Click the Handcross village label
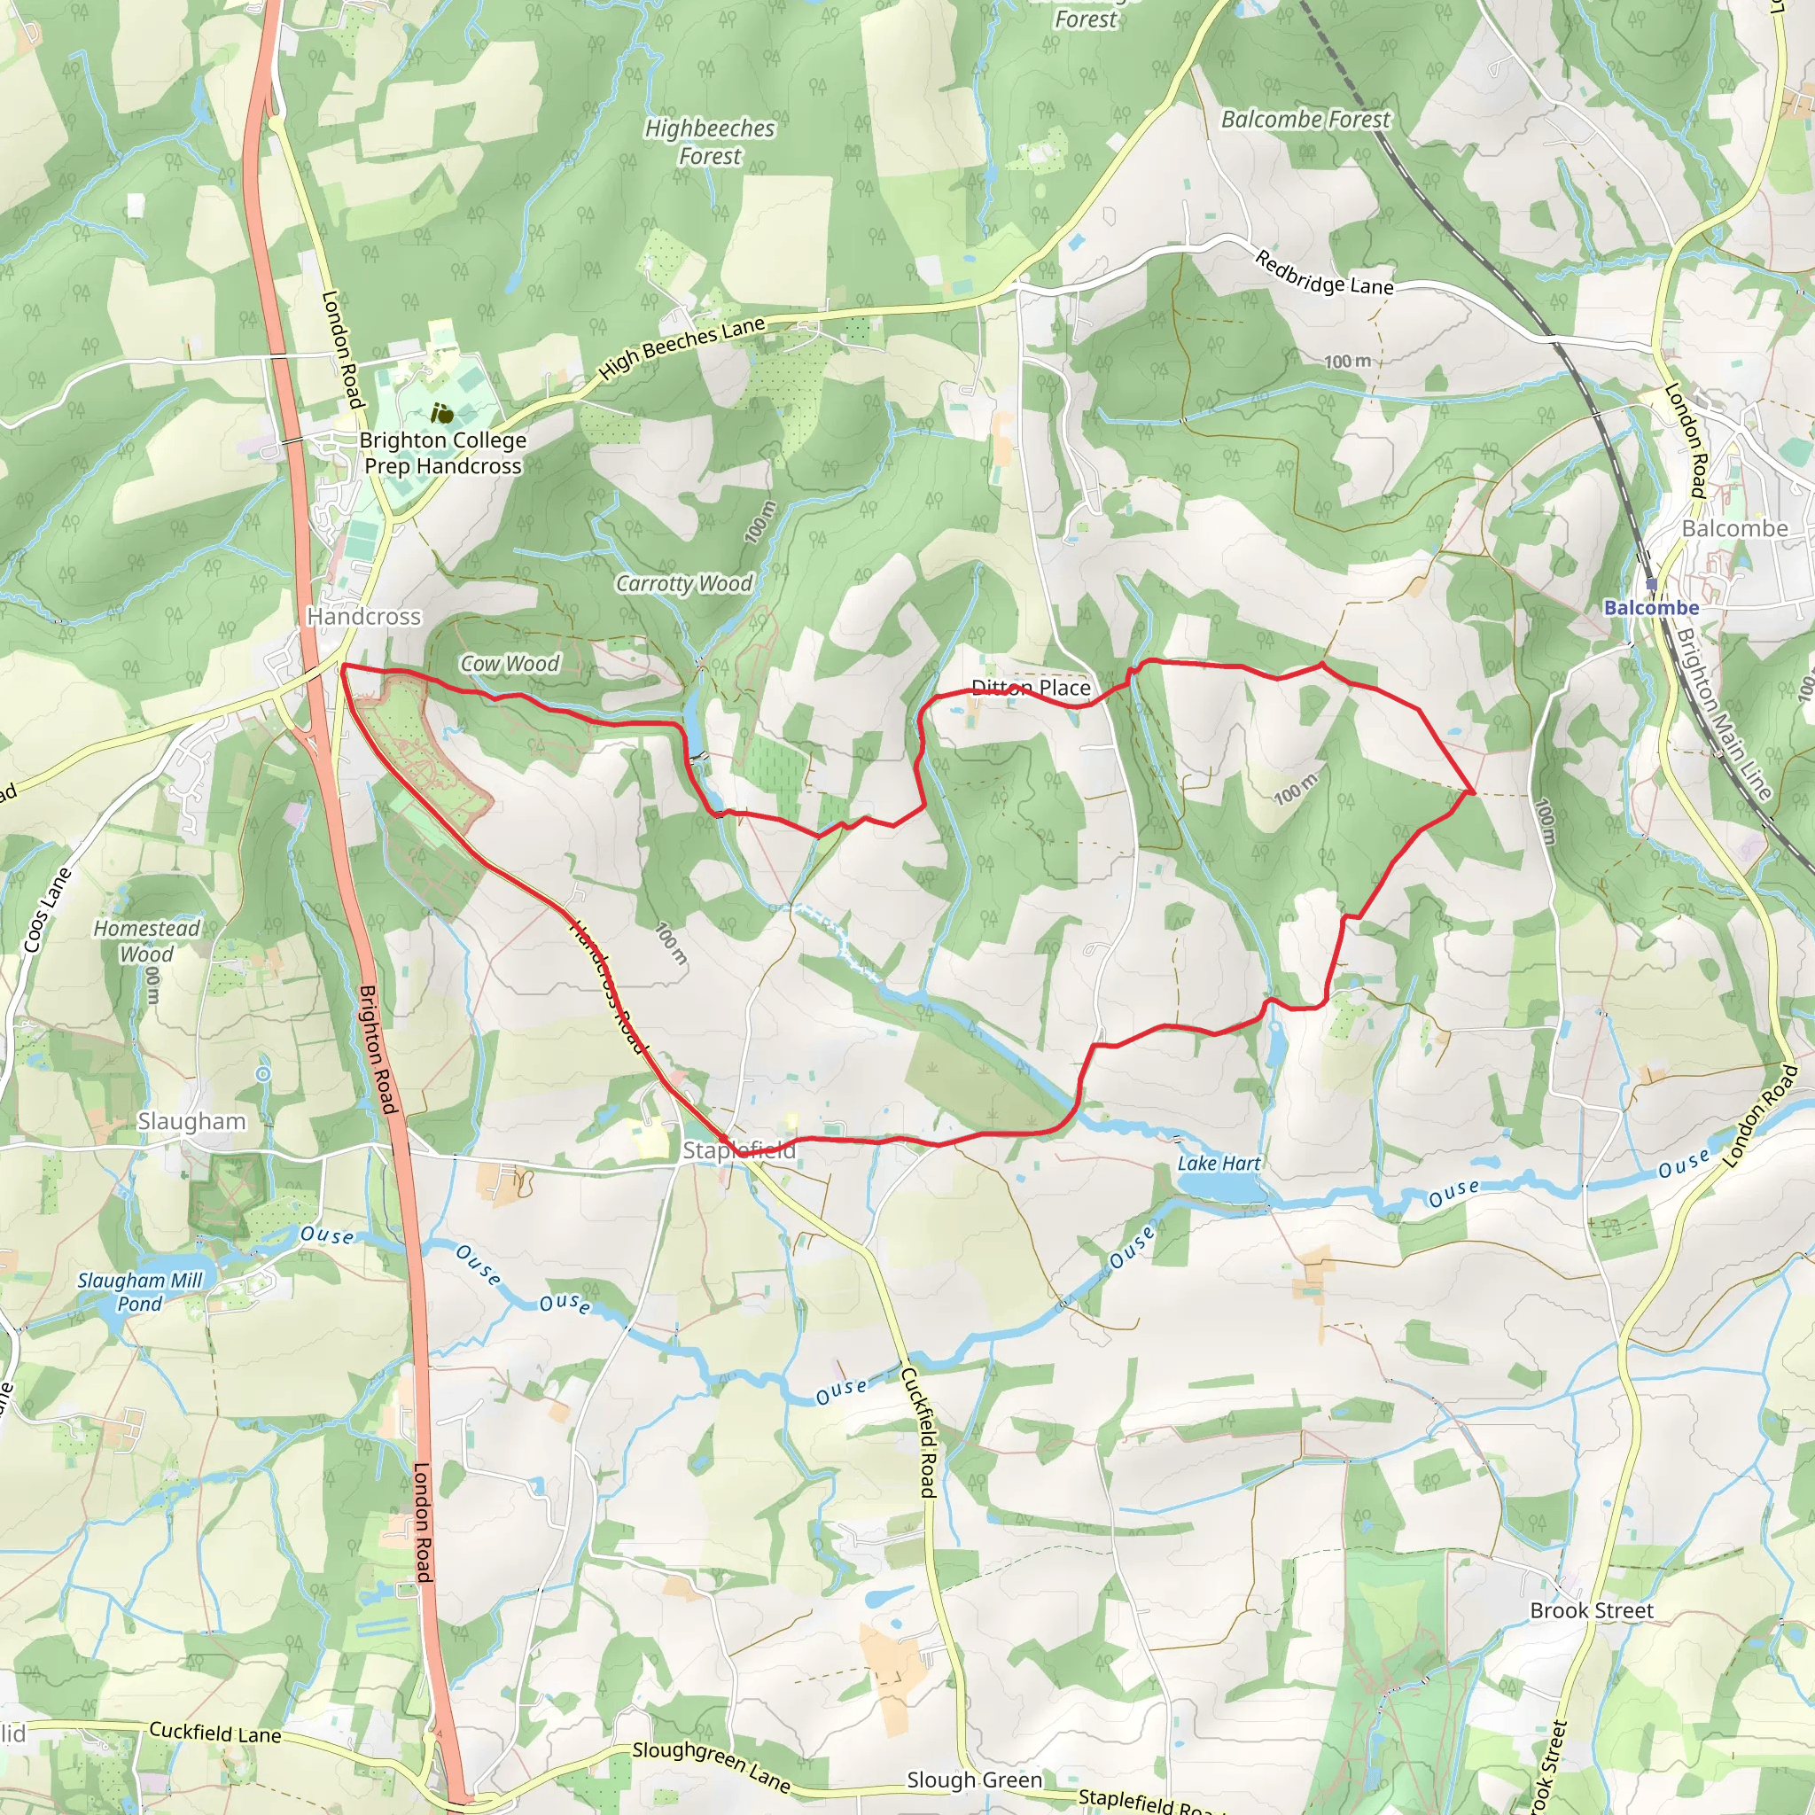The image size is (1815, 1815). (363, 616)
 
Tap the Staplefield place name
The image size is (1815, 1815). (738, 1149)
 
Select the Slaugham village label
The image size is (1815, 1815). (191, 1121)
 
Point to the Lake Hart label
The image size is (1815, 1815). (1219, 1163)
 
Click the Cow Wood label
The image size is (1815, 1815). (510, 663)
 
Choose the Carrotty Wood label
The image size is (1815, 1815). (683, 583)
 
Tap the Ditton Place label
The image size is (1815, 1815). (1031, 688)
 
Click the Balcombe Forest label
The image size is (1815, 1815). (1305, 120)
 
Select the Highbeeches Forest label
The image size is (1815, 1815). (709, 142)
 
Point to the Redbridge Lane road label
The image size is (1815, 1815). (1324, 273)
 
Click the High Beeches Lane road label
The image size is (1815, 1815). (682, 347)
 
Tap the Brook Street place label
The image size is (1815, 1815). (1592, 1610)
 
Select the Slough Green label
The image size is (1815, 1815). (974, 1780)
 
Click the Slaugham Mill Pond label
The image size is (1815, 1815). (140, 1292)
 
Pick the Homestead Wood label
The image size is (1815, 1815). (146, 940)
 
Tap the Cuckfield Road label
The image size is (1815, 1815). (918, 1433)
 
